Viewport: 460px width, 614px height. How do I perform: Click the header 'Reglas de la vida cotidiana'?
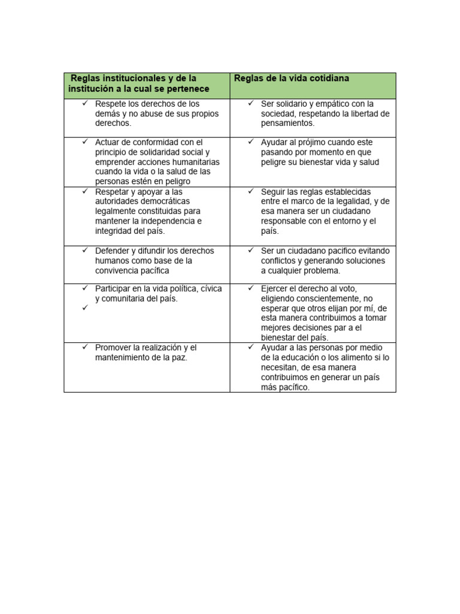[292, 79]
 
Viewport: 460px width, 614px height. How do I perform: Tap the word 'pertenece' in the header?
[190, 89]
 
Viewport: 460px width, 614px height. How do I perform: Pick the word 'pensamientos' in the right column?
[287, 123]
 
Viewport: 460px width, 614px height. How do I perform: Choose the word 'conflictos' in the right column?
[281, 261]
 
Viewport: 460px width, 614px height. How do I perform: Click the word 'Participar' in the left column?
[113, 288]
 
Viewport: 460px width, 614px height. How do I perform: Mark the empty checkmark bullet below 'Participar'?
[85, 308]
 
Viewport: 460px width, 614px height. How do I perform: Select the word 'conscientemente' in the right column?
[325, 298]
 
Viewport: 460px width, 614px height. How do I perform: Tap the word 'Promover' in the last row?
[113, 348]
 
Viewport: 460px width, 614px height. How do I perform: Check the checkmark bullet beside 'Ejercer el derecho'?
[251, 288]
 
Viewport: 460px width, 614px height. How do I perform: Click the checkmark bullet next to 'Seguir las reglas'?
[251, 191]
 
